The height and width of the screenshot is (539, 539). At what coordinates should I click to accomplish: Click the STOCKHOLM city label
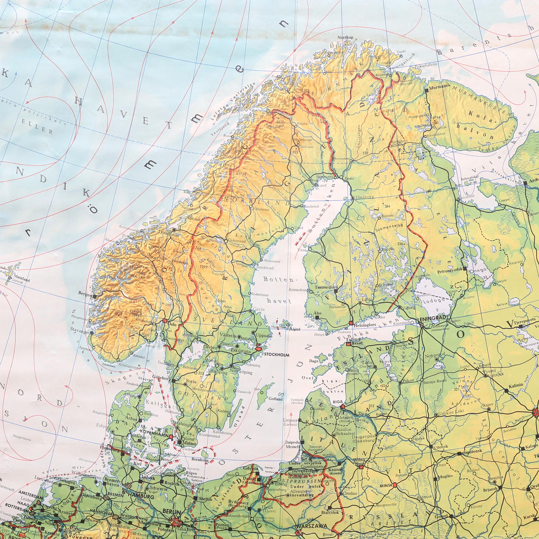click(x=276, y=355)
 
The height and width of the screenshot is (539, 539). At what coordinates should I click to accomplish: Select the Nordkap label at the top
click(x=345, y=38)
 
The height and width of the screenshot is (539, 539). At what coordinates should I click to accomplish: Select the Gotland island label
click(x=276, y=399)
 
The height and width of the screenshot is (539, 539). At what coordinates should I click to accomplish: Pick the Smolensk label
click(x=472, y=451)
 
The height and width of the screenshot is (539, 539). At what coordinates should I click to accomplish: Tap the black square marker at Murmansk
click(x=426, y=89)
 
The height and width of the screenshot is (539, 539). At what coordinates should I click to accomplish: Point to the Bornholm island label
click(x=200, y=460)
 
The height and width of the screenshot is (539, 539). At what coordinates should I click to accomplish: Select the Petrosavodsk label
click(x=449, y=269)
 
